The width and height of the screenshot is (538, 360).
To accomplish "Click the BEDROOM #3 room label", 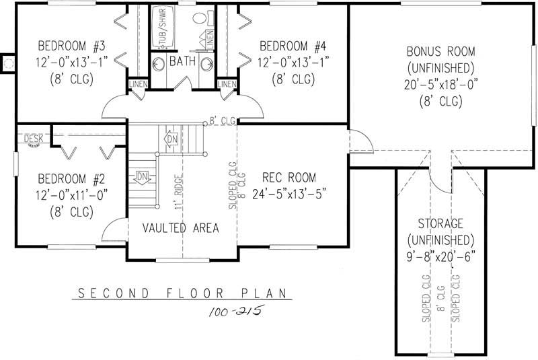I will [72, 46].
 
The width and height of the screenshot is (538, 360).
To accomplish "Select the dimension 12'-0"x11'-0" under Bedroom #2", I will [72, 195].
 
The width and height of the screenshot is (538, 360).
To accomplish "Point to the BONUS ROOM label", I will [440, 51].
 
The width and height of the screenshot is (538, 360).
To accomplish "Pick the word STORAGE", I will [440, 223].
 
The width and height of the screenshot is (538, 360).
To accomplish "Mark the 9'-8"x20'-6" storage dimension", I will [440, 257].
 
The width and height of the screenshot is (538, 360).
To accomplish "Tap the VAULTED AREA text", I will [180, 228].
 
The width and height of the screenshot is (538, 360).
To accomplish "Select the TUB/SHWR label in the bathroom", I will [162, 27].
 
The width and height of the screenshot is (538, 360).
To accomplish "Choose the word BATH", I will [183, 62].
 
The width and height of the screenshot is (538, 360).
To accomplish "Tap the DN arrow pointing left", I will [142, 177].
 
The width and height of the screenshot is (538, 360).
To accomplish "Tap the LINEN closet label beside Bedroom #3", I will [137, 84].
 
